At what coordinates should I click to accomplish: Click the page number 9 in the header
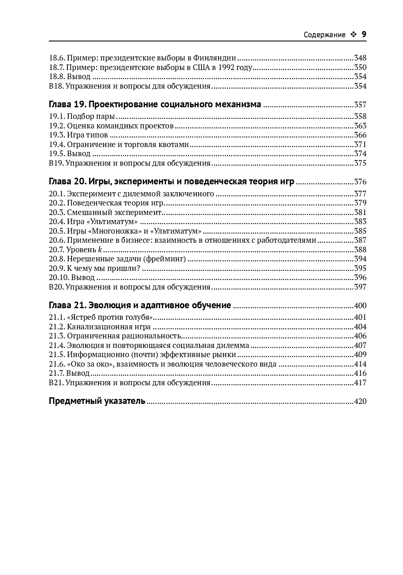(364, 34)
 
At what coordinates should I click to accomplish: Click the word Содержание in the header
(324, 35)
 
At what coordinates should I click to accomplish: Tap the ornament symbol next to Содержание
(353, 35)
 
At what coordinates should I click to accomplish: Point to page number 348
(360, 58)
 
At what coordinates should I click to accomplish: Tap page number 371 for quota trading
(360, 145)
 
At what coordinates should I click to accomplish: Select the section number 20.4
(57, 222)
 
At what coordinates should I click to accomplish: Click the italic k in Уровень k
(100, 250)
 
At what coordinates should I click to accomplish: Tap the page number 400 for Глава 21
(360, 306)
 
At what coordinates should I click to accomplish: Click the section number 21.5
(57, 355)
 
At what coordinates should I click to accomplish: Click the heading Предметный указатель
(97, 401)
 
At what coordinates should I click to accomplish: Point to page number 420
(360, 401)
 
